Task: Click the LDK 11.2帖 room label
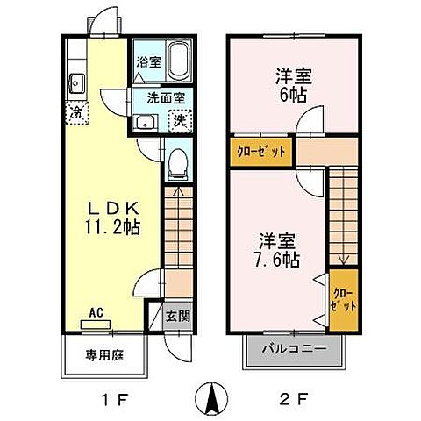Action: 112,216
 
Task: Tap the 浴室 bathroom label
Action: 147,63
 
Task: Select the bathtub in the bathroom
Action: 179,61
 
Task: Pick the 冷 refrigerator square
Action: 76,112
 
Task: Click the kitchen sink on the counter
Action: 75,85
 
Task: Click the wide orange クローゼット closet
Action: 261,151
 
